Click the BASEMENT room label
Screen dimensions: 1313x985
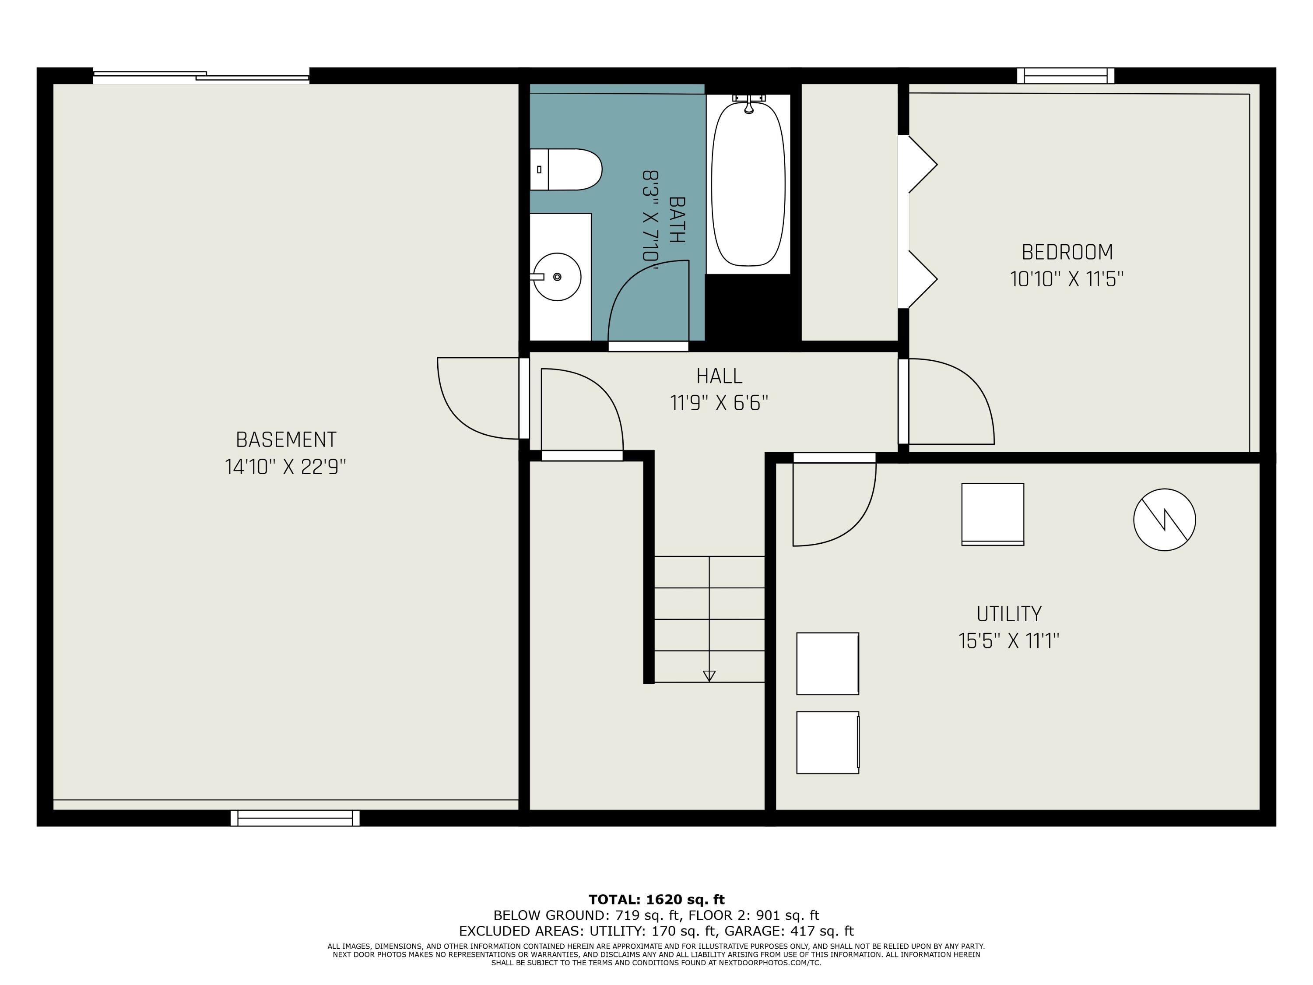pos(286,440)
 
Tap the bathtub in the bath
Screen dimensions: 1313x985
pos(748,184)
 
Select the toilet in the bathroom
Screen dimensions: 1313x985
pos(565,169)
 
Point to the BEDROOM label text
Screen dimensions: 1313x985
pos(1067,252)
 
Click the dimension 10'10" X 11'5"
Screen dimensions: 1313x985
pos(1067,279)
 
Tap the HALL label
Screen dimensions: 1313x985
pos(720,376)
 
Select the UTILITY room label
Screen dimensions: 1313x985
pos(1009,613)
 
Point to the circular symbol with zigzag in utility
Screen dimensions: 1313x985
pos(1165,520)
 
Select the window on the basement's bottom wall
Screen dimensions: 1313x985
pos(295,818)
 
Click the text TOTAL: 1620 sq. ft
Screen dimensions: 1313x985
pos(656,900)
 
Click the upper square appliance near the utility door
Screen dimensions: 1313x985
pos(993,514)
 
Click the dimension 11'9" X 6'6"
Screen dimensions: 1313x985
pos(720,403)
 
